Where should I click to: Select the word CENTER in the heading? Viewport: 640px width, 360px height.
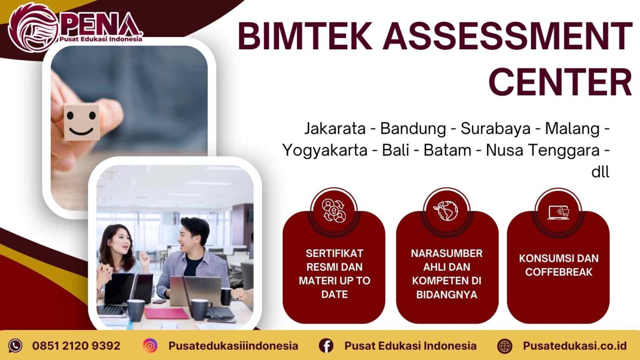(560, 82)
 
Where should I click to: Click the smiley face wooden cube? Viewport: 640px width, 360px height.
(81, 122)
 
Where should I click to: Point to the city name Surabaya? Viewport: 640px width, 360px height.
(496, 129)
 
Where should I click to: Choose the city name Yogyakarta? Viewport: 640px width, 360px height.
(324, 150)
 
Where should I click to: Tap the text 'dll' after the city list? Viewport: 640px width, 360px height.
(600, 172)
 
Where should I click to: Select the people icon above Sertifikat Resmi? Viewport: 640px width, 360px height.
(334, 210)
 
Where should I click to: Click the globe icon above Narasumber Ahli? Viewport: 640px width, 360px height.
(447, 210)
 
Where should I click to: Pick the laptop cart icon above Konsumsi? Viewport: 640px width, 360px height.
(558, 212)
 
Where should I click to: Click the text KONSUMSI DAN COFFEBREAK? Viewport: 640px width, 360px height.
(558, 265)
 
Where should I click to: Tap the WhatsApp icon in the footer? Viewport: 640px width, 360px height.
(15, 346)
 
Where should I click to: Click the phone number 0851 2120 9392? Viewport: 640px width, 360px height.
(76, 346)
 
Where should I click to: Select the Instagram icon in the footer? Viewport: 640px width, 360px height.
(150, 346)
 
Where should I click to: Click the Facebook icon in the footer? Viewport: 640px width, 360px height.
(326, 346)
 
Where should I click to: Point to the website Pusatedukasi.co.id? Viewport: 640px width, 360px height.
(575, 346)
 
